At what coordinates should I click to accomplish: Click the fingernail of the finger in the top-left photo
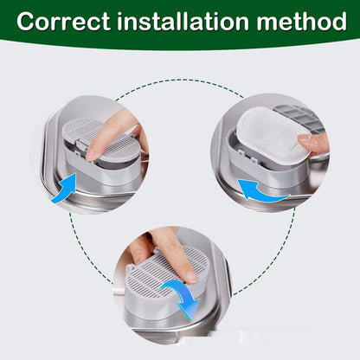[93, 151]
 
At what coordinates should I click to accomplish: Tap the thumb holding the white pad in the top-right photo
[313, 141]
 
